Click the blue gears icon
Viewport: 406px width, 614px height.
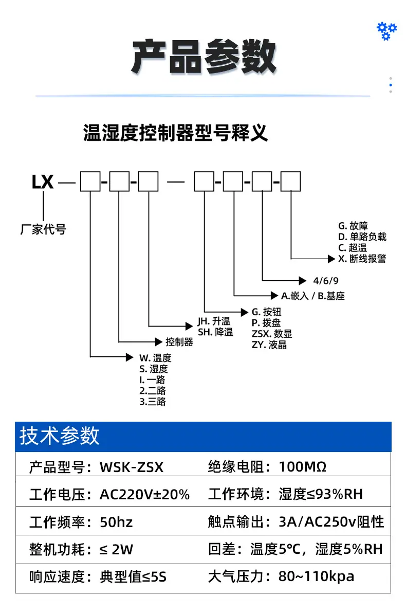(x=386, y=31)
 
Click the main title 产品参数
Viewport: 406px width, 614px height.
(x=204, y=57)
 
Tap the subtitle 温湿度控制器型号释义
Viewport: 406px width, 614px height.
(x=175, y=133)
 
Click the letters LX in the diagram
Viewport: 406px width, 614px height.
(x=42, y=182)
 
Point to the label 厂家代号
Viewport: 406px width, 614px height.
(x=44, y=229)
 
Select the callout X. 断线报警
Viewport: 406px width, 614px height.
(x=362, y=259)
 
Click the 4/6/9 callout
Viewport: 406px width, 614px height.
(x=326, y=281)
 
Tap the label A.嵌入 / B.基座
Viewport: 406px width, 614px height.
(x=313, y=296)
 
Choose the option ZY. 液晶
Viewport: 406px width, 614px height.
(x=269, y=345)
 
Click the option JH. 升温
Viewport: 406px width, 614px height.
(x=214, y=321)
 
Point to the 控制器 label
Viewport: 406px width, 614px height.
(x=179, y=342)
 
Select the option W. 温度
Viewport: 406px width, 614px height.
(x=155, y=358)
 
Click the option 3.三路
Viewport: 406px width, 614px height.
(x=153, y=402)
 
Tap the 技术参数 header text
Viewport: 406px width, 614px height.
(x=60, y=436)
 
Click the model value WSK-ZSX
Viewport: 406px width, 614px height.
(x=132, y=467)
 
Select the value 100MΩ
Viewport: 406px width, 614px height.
(x=303, y=466)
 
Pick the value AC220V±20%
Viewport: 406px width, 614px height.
(x=145, y=495)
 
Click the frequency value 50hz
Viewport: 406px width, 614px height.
(x=116, y=522)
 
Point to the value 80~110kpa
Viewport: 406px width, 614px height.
(x=317, y=576)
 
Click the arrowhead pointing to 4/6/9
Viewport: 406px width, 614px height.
(x=302, y=280)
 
